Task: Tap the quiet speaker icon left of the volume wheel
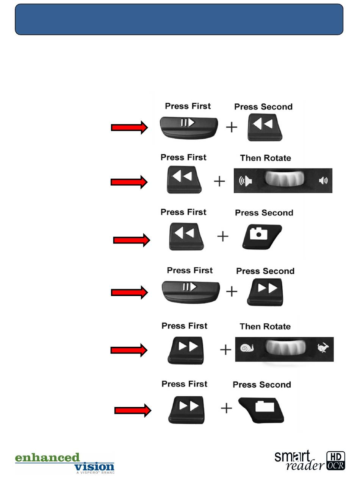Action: pyautogui.click(x=245, y=181)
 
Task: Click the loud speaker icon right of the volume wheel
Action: pyautogui.click(x=323, y=181)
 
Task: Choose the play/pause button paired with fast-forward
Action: pyautogui.click(x=189, y=291)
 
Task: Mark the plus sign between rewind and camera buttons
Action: pyautogui.click(x=223, y=237)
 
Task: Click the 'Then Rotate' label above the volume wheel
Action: pyautogui.click(x=265, y=158)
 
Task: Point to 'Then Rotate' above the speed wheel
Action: pyautogui.click(x=265, y=326)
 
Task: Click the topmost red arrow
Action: pyautogui.click(x=129, y=128)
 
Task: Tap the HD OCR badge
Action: pyautogui.click(x=335, y=461)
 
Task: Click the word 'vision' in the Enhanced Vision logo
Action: pyautogui.click(x=94, y=466)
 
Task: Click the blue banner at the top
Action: pyautogui.click(x=179, y=19)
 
